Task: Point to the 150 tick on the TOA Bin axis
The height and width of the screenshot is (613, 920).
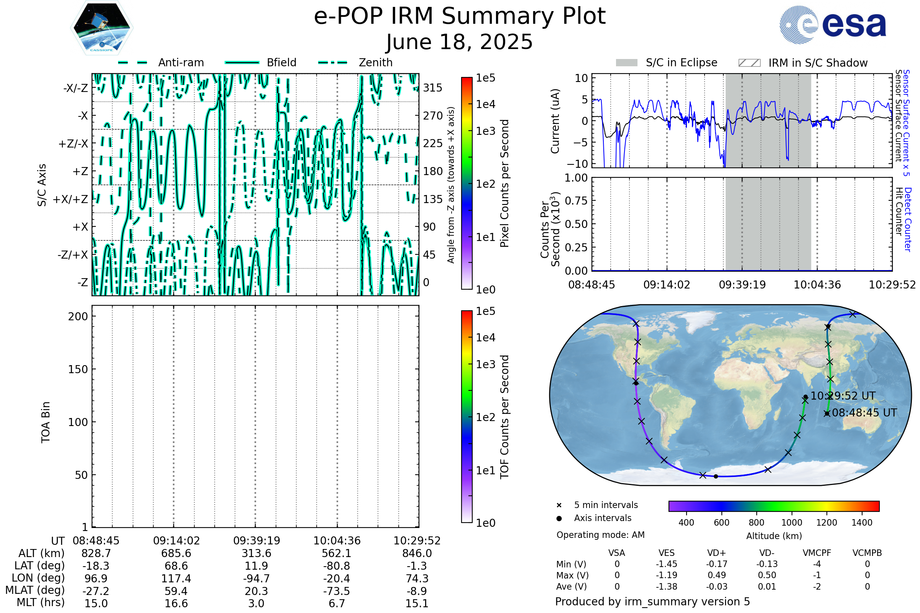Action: [78, 369]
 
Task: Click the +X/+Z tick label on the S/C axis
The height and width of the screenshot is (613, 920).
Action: [71, 199]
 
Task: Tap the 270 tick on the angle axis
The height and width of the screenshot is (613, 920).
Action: [433, 116]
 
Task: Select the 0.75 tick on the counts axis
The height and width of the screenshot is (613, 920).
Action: [576, 201]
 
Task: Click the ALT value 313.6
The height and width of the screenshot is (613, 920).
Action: [256, 553]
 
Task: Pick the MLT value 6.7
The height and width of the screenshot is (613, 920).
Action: [337, 603]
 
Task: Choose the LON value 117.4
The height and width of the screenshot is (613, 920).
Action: [176, 578]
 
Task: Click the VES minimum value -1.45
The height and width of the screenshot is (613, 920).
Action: [666, 564]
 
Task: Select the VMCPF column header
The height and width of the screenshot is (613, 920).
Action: [817, 553]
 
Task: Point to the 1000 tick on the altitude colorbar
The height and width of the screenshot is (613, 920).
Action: [791, 523]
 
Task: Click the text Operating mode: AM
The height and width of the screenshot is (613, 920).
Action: [600, 535]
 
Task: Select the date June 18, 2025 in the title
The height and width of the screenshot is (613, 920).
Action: [460, 42]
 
